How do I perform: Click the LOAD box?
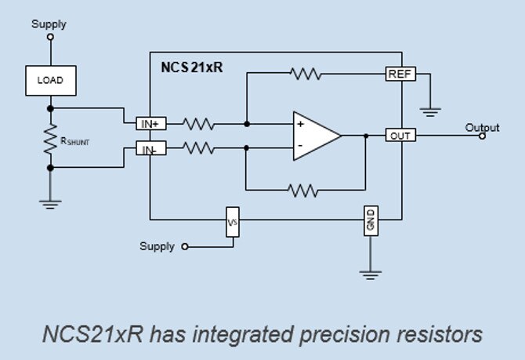coord(51,81)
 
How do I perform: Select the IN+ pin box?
coord(151,124)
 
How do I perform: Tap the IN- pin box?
coord(151,148)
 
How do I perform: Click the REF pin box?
coord(400,74)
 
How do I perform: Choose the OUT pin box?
coord(400,135)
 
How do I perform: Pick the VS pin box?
coord(233,222)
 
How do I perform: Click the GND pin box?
coord(371,221)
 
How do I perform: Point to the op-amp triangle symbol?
coord(317,136)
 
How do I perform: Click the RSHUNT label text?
coord(74,141)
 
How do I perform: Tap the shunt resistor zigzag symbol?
coord(51,139)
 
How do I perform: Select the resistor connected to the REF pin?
coord(306,74)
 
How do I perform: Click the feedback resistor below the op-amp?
coord(303,191)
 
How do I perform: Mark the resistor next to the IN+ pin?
coord(198,124)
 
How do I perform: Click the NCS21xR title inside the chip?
coord(192,67)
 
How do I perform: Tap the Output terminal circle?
coord(482,136)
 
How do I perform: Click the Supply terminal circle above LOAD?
coord(51,37)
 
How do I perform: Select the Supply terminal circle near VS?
coord(185,247)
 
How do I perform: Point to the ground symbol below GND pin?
coord(371,275)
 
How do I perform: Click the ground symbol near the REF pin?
coord(430,112)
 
